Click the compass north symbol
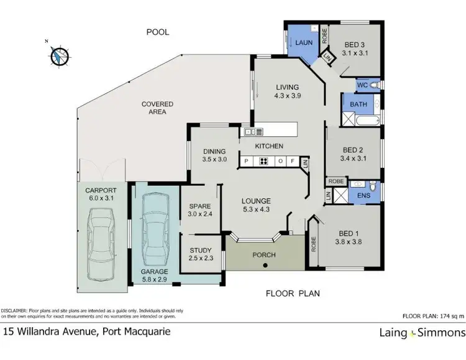(x=58, y=55)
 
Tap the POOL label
(x=157, y=32)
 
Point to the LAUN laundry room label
(x=303, y=42)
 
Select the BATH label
(x=358, y=105)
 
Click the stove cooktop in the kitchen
(x=263, y=162)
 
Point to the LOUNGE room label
(x=256, y=201)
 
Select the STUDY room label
(x=200, y=251)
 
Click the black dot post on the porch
(x=265, y=265)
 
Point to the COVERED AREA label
(x=157, y=108)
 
